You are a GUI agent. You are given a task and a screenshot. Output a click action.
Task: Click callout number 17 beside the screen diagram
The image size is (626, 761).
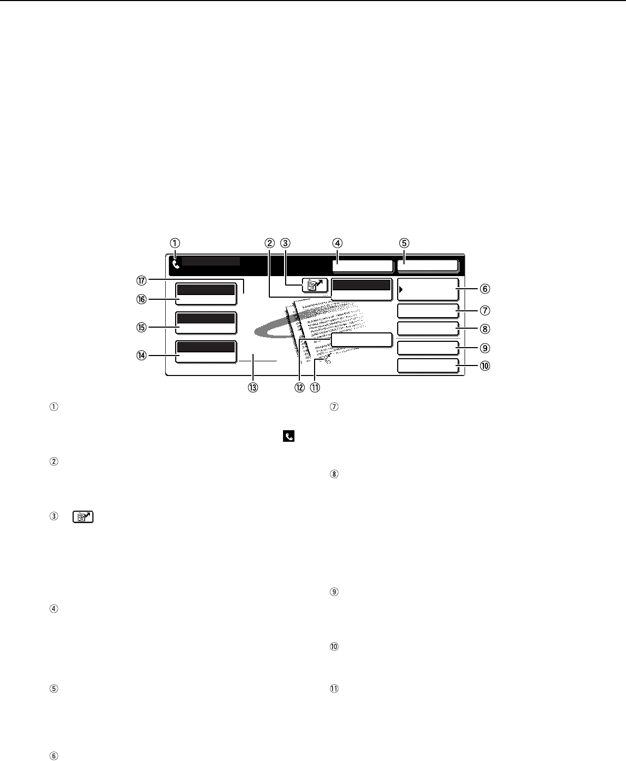point(142,280)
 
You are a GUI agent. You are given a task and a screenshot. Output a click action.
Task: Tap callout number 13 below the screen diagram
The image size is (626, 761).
point(253,388)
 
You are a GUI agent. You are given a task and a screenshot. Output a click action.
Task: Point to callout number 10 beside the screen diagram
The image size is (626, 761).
point(485,366)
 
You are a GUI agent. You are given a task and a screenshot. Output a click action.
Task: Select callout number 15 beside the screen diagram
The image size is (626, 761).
point(142,327)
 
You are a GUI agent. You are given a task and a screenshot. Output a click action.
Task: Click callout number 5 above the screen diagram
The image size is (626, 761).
point(404,243)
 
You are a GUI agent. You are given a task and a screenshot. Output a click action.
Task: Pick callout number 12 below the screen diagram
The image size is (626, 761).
point(300,388)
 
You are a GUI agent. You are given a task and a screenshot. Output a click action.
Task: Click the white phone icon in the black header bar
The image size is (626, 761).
point(176,265)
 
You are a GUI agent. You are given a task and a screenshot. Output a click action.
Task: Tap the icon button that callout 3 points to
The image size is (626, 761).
point(315,286)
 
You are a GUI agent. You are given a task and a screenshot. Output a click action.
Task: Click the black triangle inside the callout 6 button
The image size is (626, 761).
point(401,289)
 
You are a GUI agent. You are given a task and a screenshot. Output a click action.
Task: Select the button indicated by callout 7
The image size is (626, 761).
point(428,311)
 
